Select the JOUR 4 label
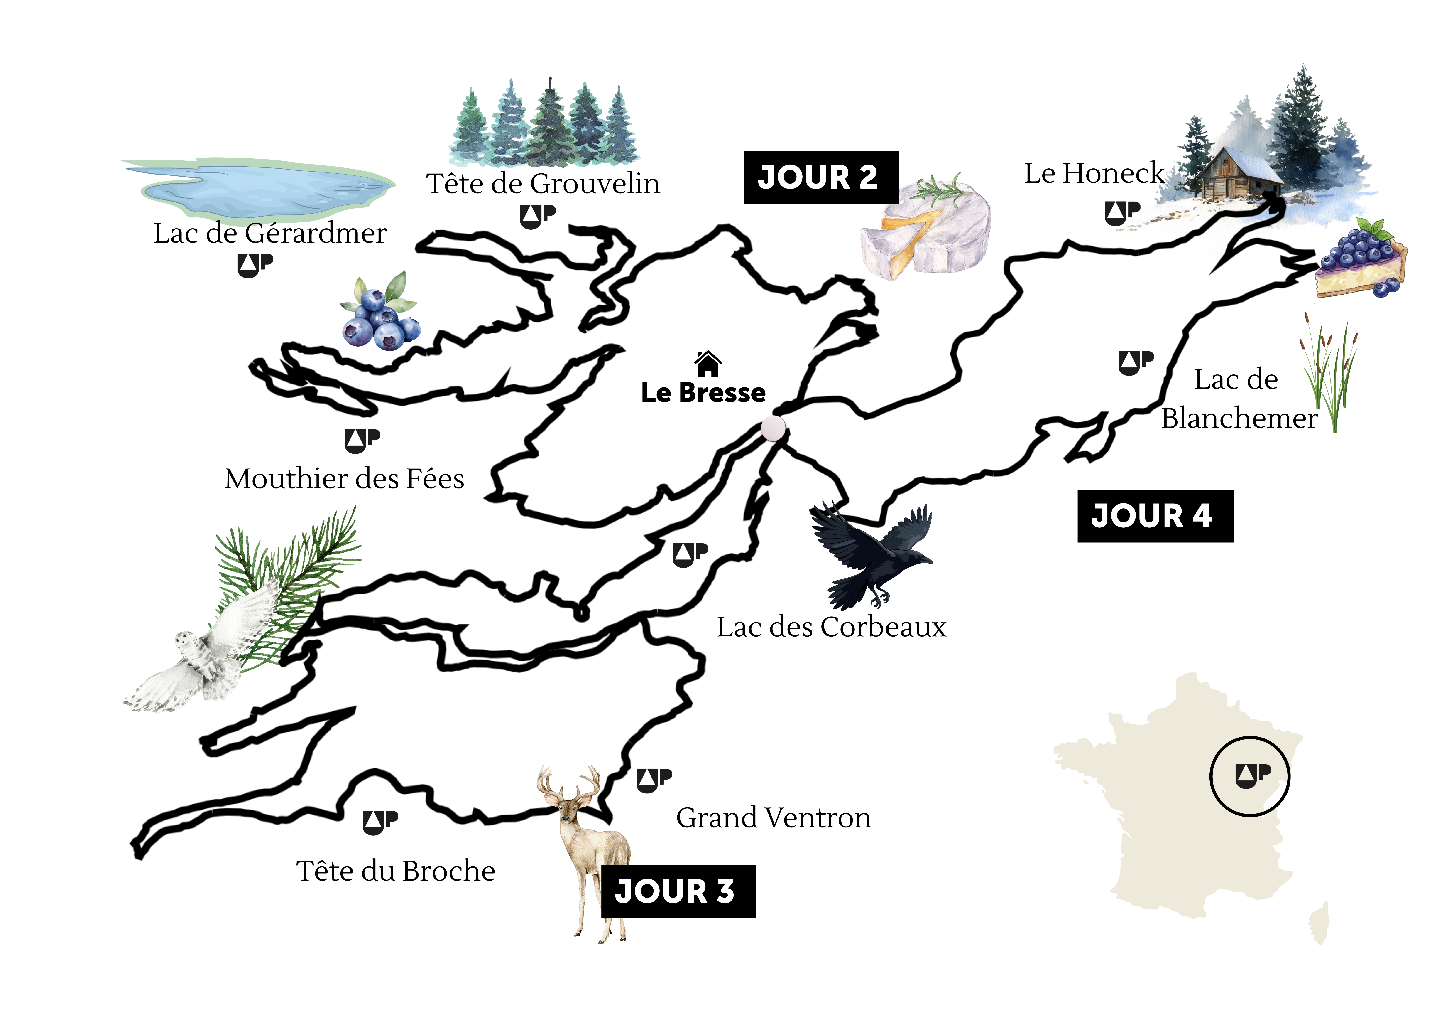1155,516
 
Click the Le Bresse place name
703,393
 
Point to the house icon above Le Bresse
708,363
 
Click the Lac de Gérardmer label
270,233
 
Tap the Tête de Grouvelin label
543,183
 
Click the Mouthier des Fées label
344,479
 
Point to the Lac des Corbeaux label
832,627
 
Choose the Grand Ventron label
774,818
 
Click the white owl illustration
195,660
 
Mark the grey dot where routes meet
773,428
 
